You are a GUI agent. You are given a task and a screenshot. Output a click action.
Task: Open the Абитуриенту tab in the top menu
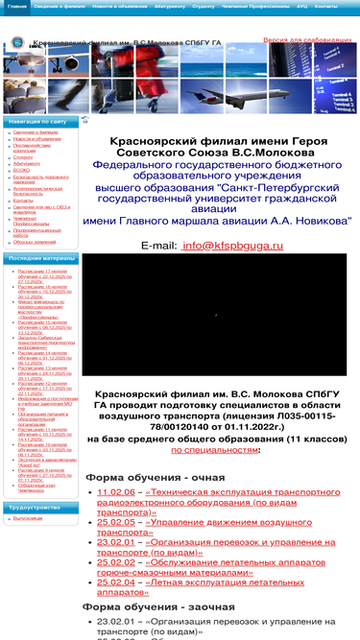tap(170, 6)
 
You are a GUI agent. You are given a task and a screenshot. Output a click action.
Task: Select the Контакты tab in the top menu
tap(326, 6)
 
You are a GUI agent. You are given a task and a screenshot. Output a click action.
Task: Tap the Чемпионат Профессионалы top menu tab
tap(254, 6)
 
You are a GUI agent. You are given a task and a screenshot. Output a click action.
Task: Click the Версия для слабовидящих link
tap(308, 41)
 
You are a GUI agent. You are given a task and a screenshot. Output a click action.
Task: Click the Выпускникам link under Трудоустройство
tap(28, 518)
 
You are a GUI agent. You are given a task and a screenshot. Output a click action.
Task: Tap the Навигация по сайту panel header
tap(38, 123)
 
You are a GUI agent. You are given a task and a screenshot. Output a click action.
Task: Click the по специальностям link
tap(215, 449)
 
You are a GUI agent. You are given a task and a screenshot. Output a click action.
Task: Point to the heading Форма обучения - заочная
tap(153, 606)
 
